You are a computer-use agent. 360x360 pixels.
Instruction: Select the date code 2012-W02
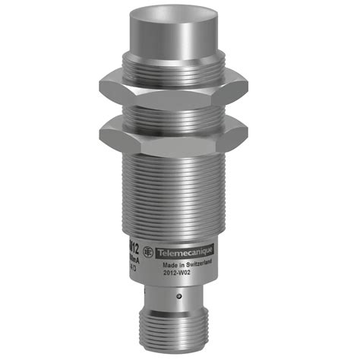point(178,279)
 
